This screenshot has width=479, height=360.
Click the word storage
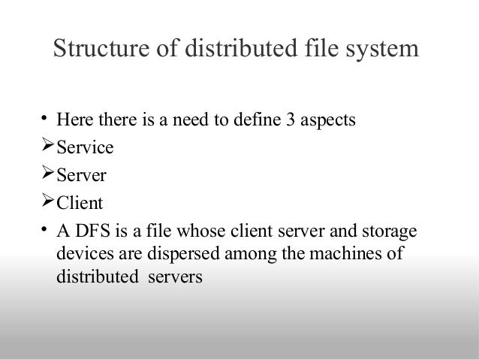pyautogui.click(x=393, y=231)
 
